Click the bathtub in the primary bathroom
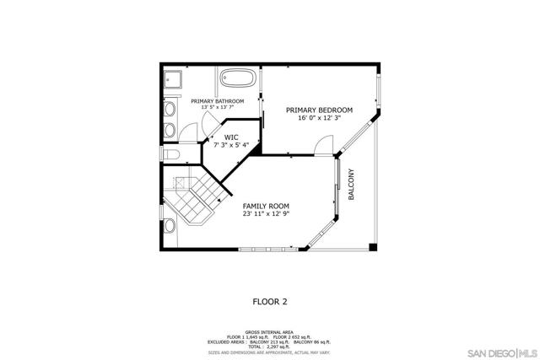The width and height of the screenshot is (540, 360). click(x=239, y=82)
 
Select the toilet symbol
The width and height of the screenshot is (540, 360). click(x=170, y=154)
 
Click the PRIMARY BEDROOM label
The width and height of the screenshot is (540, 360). click(x=319, y=110)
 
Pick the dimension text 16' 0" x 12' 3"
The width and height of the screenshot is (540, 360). click(x=319, y=120)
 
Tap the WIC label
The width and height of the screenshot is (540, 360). click(x=230, y=136)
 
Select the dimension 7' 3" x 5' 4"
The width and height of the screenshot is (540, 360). click(x=230, y=145)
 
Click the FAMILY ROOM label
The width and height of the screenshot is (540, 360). click(x=266, y=206)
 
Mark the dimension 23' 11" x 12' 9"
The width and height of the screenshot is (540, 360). click(x=266, y=215)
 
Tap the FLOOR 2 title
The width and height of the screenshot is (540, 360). click(x=270, y=300)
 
